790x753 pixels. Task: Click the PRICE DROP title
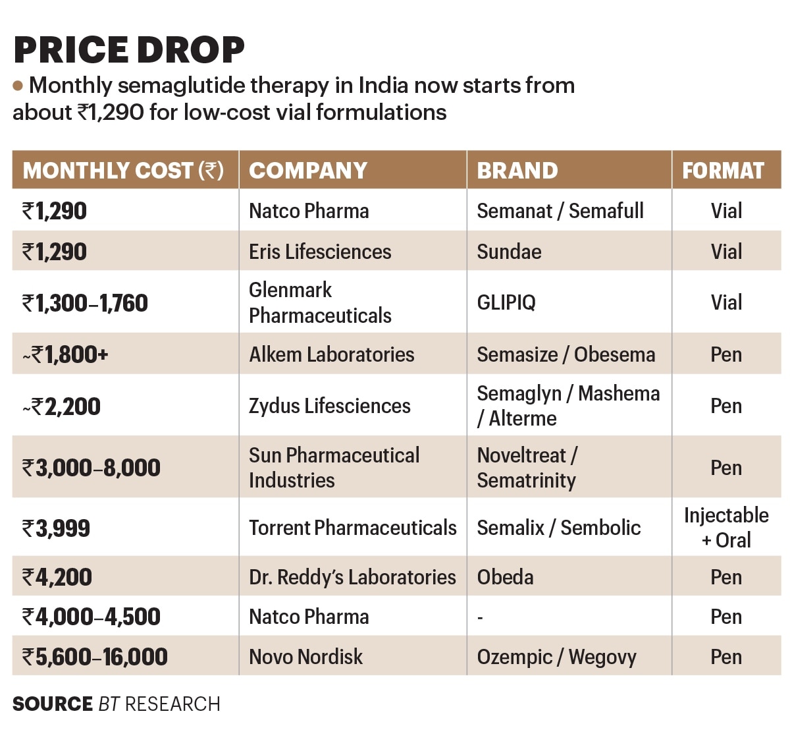click(129, 50)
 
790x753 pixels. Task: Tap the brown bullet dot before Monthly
click(18, 85)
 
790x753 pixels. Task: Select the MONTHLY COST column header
click(123, 171)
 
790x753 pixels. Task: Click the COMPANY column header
click(308, 171)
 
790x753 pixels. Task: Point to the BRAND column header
click(517, 171)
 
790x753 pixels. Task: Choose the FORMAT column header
click(723, 171)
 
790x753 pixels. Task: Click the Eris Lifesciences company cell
click(320, 252)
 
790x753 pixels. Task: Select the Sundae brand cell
click(509, 252)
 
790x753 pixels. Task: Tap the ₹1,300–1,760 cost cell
click(85, 303)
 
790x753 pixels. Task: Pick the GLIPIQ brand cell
click(506, 303)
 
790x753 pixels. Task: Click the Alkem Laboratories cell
click(331, 354)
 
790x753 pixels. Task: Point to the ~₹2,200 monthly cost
click(61, 406)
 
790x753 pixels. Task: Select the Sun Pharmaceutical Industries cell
click(334, 468)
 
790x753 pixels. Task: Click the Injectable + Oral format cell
click(726, 528)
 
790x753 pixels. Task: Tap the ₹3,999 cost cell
click(56, 528)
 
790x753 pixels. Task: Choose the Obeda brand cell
click(505, 577)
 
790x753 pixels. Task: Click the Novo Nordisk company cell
click(305, 657)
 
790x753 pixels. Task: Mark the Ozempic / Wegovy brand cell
click(556, 657)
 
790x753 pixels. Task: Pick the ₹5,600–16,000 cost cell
click(95, 657)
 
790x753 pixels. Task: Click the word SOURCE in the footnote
click(52, 704)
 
